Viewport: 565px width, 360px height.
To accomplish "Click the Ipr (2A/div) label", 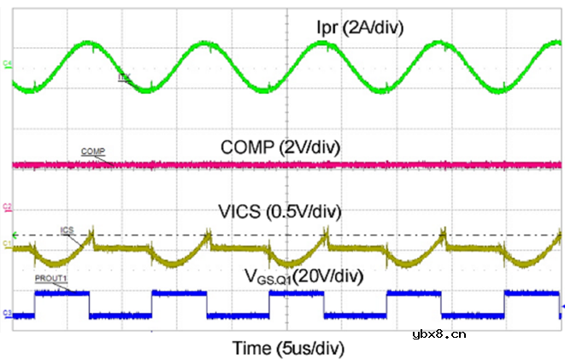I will point(359,28).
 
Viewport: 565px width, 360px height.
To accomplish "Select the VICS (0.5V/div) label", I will point(286,211).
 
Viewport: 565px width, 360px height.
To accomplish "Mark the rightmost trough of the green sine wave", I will point(504,88).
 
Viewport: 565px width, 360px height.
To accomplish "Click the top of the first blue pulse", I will point(61,292).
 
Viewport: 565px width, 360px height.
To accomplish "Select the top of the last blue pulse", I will point(532,292).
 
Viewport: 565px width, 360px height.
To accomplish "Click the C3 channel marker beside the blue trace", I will point(6,313).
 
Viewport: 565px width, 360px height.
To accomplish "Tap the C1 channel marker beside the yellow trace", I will point(6,244).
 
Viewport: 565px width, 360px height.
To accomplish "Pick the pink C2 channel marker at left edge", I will point(6,206).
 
